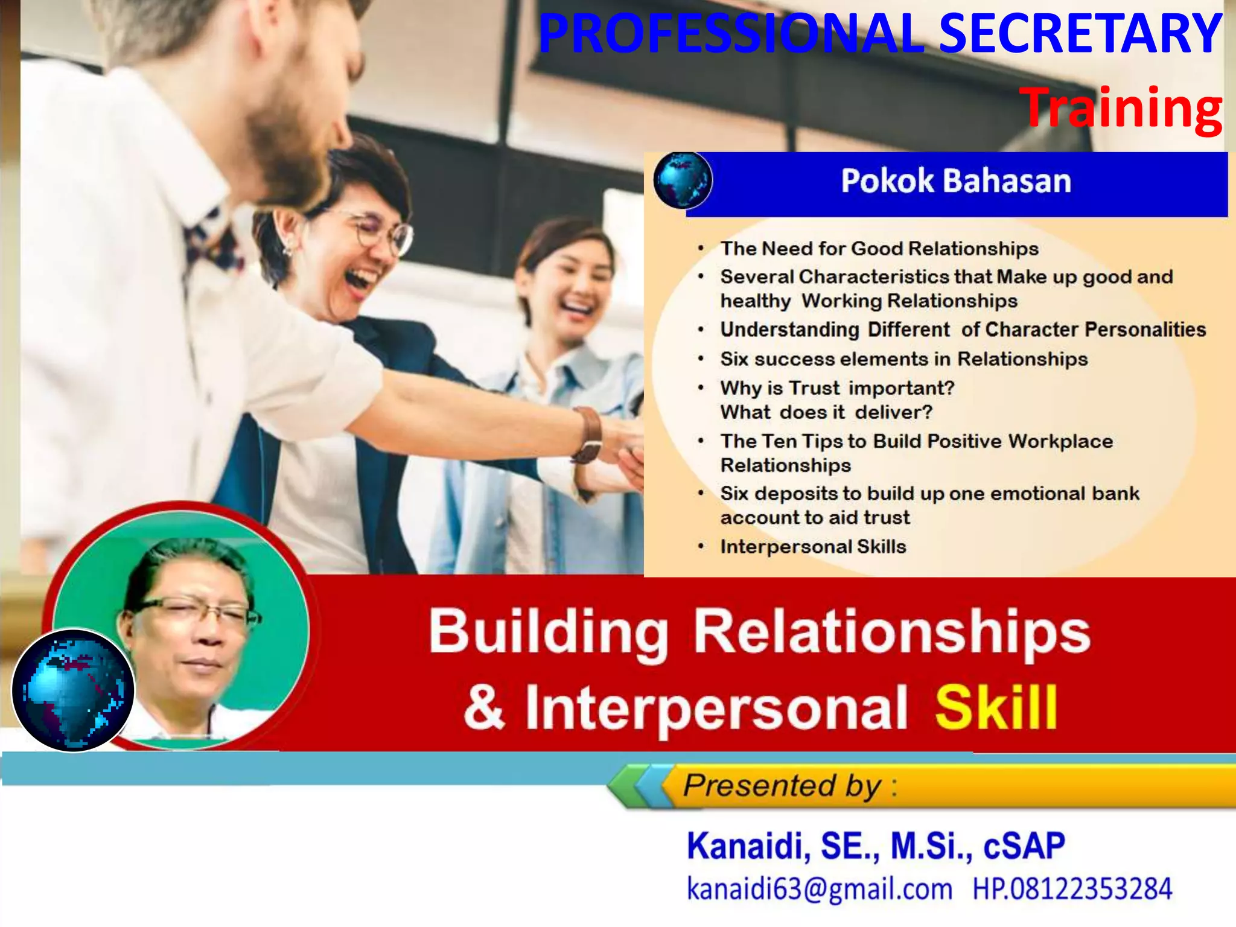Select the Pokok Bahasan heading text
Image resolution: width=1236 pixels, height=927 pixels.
click(956, 181)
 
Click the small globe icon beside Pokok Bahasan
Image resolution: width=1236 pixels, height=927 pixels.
click(683, 180)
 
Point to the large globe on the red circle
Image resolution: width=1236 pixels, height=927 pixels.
click(73, 690)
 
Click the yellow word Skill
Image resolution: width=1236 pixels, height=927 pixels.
click(996, 707)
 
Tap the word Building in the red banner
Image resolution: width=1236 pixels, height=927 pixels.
click(548, 631)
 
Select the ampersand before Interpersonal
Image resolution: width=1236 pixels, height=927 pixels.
click(484, 707)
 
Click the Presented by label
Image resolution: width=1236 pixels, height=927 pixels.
click(782, 786)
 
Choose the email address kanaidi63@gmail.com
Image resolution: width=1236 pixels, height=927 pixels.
click(819, 888)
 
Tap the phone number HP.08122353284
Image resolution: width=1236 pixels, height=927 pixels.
click(1072, 888)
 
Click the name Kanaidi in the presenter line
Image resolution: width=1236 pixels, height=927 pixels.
click(747, 846)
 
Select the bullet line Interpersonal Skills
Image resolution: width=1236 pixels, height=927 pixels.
click(813, 547)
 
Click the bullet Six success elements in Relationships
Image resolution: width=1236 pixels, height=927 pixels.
click(903, 359)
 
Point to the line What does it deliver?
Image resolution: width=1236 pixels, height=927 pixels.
click(826, 412)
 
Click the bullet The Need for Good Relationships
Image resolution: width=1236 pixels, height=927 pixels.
click(879, 249)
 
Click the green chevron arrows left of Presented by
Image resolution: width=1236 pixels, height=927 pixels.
click(634, 786)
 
